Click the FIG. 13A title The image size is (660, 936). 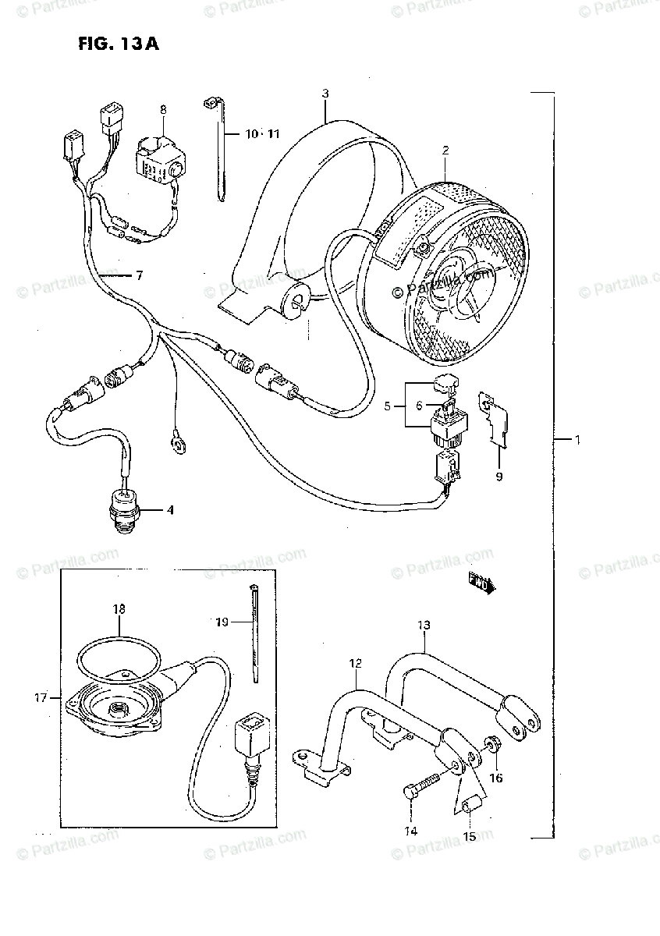click(119, 44)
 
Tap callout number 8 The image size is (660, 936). click(162, 110)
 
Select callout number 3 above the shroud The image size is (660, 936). click(325, 94)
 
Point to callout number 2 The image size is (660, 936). click(445, 149)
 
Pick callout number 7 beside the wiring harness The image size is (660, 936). click(139, 275)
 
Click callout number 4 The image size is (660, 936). click(169, 511)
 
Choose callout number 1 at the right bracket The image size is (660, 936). click(577, 441)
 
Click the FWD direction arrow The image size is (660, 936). click(481, 583)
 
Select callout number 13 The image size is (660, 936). click(424, 625)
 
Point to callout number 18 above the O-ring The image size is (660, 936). click(118, 608)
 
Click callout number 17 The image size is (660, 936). click(41, 697)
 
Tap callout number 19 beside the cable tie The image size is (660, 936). click(221, 622)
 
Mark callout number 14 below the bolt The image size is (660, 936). click(411, 831)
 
